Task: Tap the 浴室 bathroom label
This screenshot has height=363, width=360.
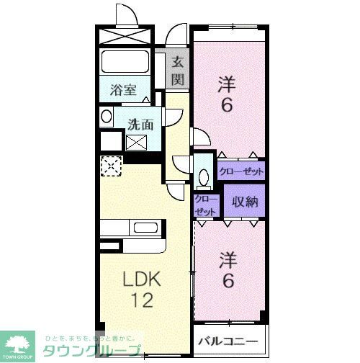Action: point(123,91)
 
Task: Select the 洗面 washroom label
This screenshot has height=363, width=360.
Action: point(140,123)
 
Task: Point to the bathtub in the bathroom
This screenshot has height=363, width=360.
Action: point(125,64)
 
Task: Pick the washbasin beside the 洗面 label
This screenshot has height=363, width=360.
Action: point(107,117)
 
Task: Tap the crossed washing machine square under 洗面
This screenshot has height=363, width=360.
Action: point(136,142)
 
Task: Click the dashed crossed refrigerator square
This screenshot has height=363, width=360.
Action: point(111,167)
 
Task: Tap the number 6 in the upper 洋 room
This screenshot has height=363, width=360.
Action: point(227,106)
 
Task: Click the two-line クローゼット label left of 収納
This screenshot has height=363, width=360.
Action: point(205,204)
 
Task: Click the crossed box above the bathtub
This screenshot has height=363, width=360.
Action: point(124,36)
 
